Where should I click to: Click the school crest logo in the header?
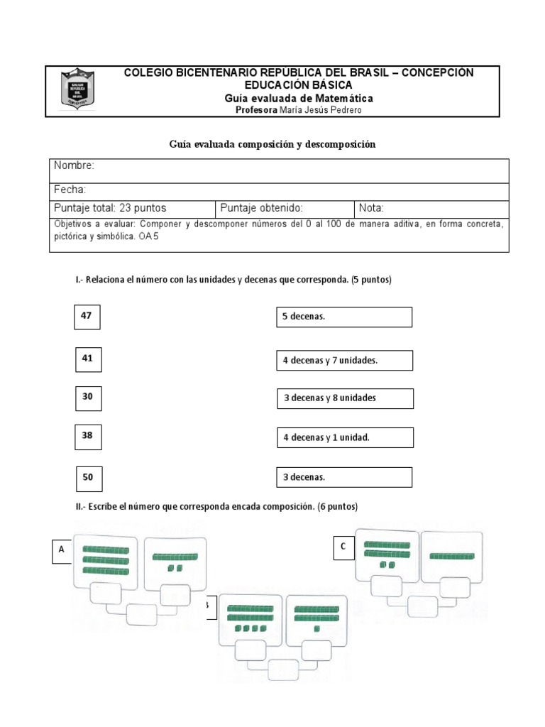tap(77, 89)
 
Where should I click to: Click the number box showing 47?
tap(87, 317)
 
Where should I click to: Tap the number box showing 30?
tap(87, 398)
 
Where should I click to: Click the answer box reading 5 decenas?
tap(343, 317)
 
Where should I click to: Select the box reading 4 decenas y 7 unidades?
tap(343, 361)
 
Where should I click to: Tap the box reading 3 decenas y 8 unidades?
tap(344, 398)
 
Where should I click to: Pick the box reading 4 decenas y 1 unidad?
tap(343, 438)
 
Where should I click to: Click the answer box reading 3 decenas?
tap(343, 477)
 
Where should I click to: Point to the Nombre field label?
tap(75, 165)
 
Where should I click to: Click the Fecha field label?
tap(70, 190)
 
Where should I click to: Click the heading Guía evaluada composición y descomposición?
tap(272, 144)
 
